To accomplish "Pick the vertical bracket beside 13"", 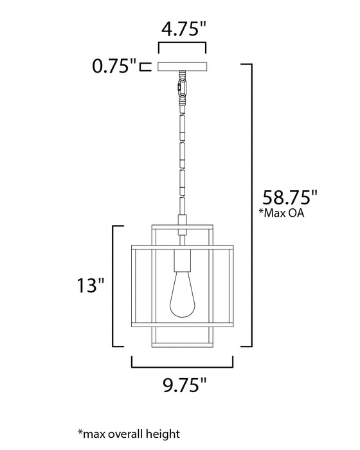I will pyautogui.click(x=116, y=285).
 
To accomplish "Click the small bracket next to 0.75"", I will pyautogui.click(x=147, y=66).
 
